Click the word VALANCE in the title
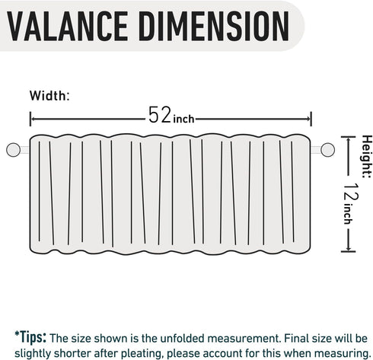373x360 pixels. click(x=67, y=26)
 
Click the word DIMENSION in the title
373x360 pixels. click(x=214, y=26)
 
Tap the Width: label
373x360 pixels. click(x=49, y=96)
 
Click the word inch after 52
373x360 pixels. click(x=183, y=119)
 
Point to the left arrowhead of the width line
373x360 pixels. click(x=32, y=119)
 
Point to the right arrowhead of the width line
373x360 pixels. click(x=309, y=119)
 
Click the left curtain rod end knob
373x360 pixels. click(x=13, y=150)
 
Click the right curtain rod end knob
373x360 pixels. click(x=327, y=150)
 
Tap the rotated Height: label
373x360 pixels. click(x=366, y=157)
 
